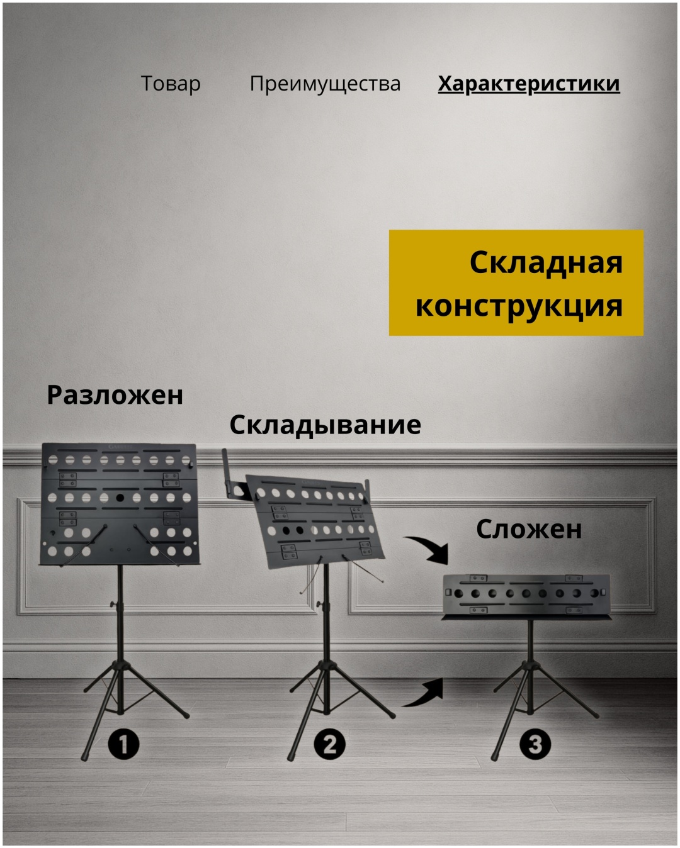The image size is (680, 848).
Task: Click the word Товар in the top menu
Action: [171, 84]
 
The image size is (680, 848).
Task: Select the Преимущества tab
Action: [325, 84]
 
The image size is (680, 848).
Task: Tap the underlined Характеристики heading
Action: [529, 84]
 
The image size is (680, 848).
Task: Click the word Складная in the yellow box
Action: [546, 262]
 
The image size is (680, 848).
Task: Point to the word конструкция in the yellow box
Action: [519, 306]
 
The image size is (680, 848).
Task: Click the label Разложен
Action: [115, 395]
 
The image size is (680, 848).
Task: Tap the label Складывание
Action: [325, 426]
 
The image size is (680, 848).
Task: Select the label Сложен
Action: [529, 529]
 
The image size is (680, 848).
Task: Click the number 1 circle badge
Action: [123, 744]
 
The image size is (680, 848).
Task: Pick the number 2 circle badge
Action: [329, 744]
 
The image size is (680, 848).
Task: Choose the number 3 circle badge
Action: [535, 744]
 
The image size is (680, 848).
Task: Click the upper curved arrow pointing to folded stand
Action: [433, 548]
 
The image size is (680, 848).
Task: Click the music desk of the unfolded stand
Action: [119, 504]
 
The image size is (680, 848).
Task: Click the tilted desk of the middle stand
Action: [315, 522]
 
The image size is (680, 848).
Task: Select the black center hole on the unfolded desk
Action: [120, 498]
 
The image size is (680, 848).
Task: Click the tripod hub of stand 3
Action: [530, 666]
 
